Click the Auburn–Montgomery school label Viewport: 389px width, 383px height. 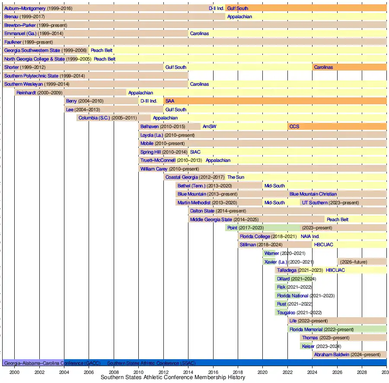(x=25, y=8)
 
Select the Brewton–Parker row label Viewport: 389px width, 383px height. (x=20, y=25)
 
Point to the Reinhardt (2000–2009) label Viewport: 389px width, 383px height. (x=39, y=93)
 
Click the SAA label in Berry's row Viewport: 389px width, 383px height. (x=169, y=101)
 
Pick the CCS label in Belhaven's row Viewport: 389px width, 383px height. (x=294, y=126)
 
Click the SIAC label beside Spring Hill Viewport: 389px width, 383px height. (x=195, y=152)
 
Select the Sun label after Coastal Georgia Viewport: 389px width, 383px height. (x=236, y=177)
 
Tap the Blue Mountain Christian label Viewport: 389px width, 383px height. (x=313, y=194)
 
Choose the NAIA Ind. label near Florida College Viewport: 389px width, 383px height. (x=310, y=236)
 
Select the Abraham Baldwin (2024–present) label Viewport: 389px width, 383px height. (x=347, y=355)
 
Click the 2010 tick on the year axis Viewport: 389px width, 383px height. (x=138, y=372)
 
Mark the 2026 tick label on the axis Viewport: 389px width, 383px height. (x=337, y=372)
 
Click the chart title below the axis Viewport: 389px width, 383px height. (x=173, y=377)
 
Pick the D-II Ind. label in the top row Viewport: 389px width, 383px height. (x=216, y=8)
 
